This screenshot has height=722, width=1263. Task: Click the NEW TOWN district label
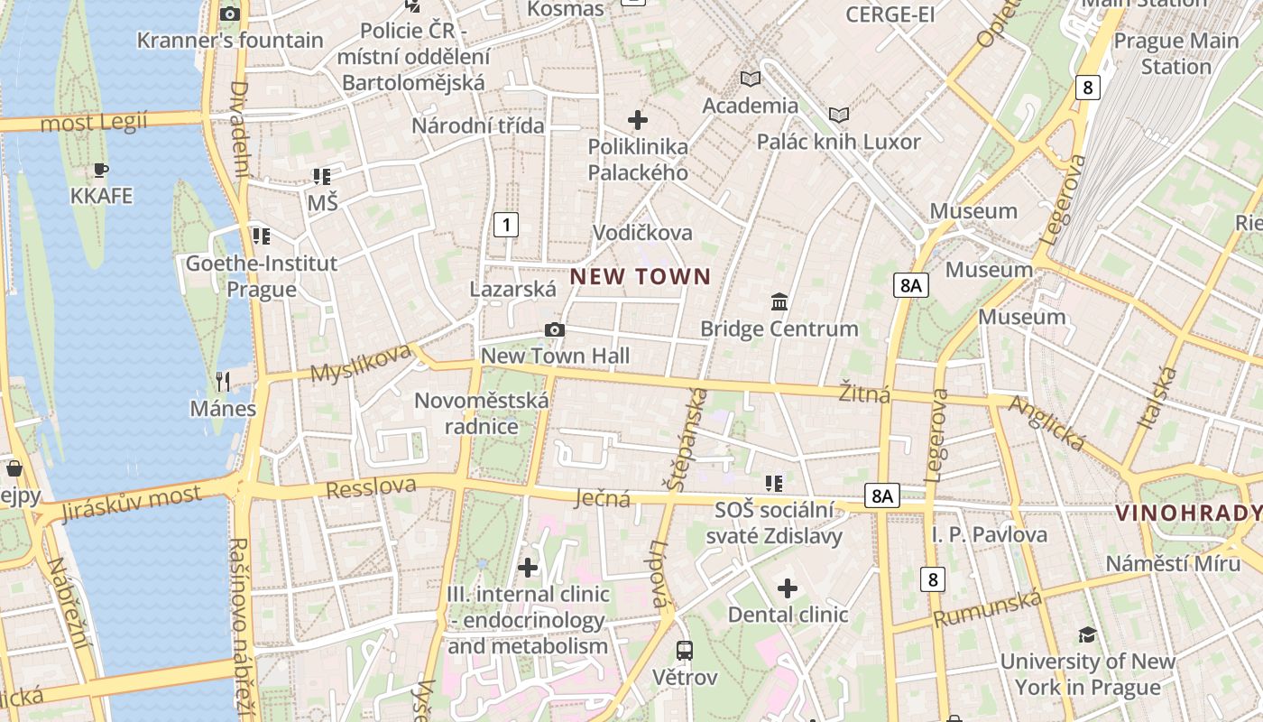640,276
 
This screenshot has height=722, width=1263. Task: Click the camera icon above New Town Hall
555,330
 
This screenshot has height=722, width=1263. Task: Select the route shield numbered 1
506,225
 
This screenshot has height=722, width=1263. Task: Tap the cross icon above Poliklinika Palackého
638,119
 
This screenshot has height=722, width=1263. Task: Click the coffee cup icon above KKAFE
101,170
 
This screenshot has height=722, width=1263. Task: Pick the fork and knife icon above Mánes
223,382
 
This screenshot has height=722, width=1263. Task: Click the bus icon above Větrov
685,650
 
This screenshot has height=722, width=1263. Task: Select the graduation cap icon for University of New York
1087,634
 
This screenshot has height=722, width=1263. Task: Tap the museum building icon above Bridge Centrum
779,301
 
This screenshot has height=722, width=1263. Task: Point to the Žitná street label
864,393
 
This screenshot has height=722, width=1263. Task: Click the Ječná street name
603,497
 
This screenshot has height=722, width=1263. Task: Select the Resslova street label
371,488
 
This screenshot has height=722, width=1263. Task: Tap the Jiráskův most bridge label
131,504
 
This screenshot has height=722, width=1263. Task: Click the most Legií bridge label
94,122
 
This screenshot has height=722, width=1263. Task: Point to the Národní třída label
478,125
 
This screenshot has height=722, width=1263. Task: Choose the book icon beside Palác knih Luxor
839,115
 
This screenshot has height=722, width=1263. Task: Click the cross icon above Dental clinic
788,589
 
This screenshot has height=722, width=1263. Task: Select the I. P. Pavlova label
990,535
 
